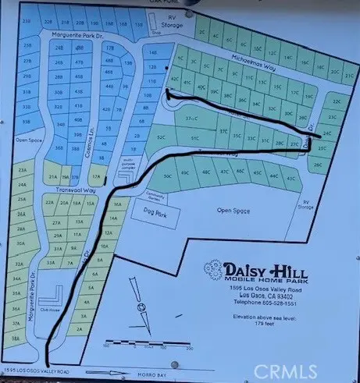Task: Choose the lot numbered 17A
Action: [98, 176]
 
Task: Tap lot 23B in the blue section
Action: [27, 23]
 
